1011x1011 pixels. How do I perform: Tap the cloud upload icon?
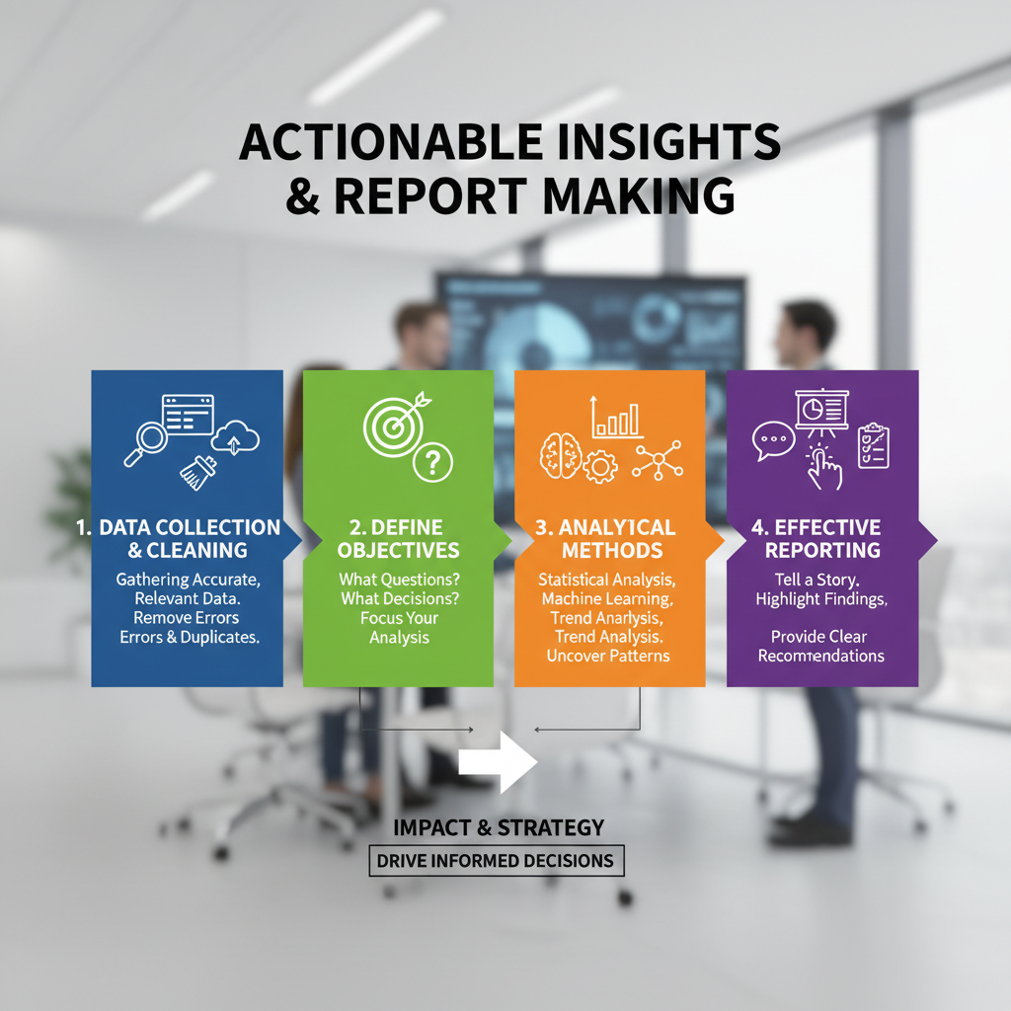[235, 437]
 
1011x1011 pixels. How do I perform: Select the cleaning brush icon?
[198, 473]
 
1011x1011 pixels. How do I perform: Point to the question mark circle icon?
[432, 462]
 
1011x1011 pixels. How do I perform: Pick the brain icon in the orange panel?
[561, 456]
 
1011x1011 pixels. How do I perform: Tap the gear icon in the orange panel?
[600, 467]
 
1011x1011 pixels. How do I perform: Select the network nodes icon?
[657, 460]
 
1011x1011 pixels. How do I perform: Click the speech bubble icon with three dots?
[773, 440]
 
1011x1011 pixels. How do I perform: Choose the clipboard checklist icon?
[874, 445]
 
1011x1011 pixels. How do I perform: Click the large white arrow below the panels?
[498, 762]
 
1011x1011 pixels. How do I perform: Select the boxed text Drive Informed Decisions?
[496, 861]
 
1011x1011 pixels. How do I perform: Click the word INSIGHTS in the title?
[668, 142]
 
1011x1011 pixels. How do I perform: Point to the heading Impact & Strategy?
[499, 827]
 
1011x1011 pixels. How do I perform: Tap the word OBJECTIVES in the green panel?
[398, 550]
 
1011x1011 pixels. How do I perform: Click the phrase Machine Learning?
[607, 599]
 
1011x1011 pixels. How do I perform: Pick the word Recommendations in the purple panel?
[820, 656]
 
